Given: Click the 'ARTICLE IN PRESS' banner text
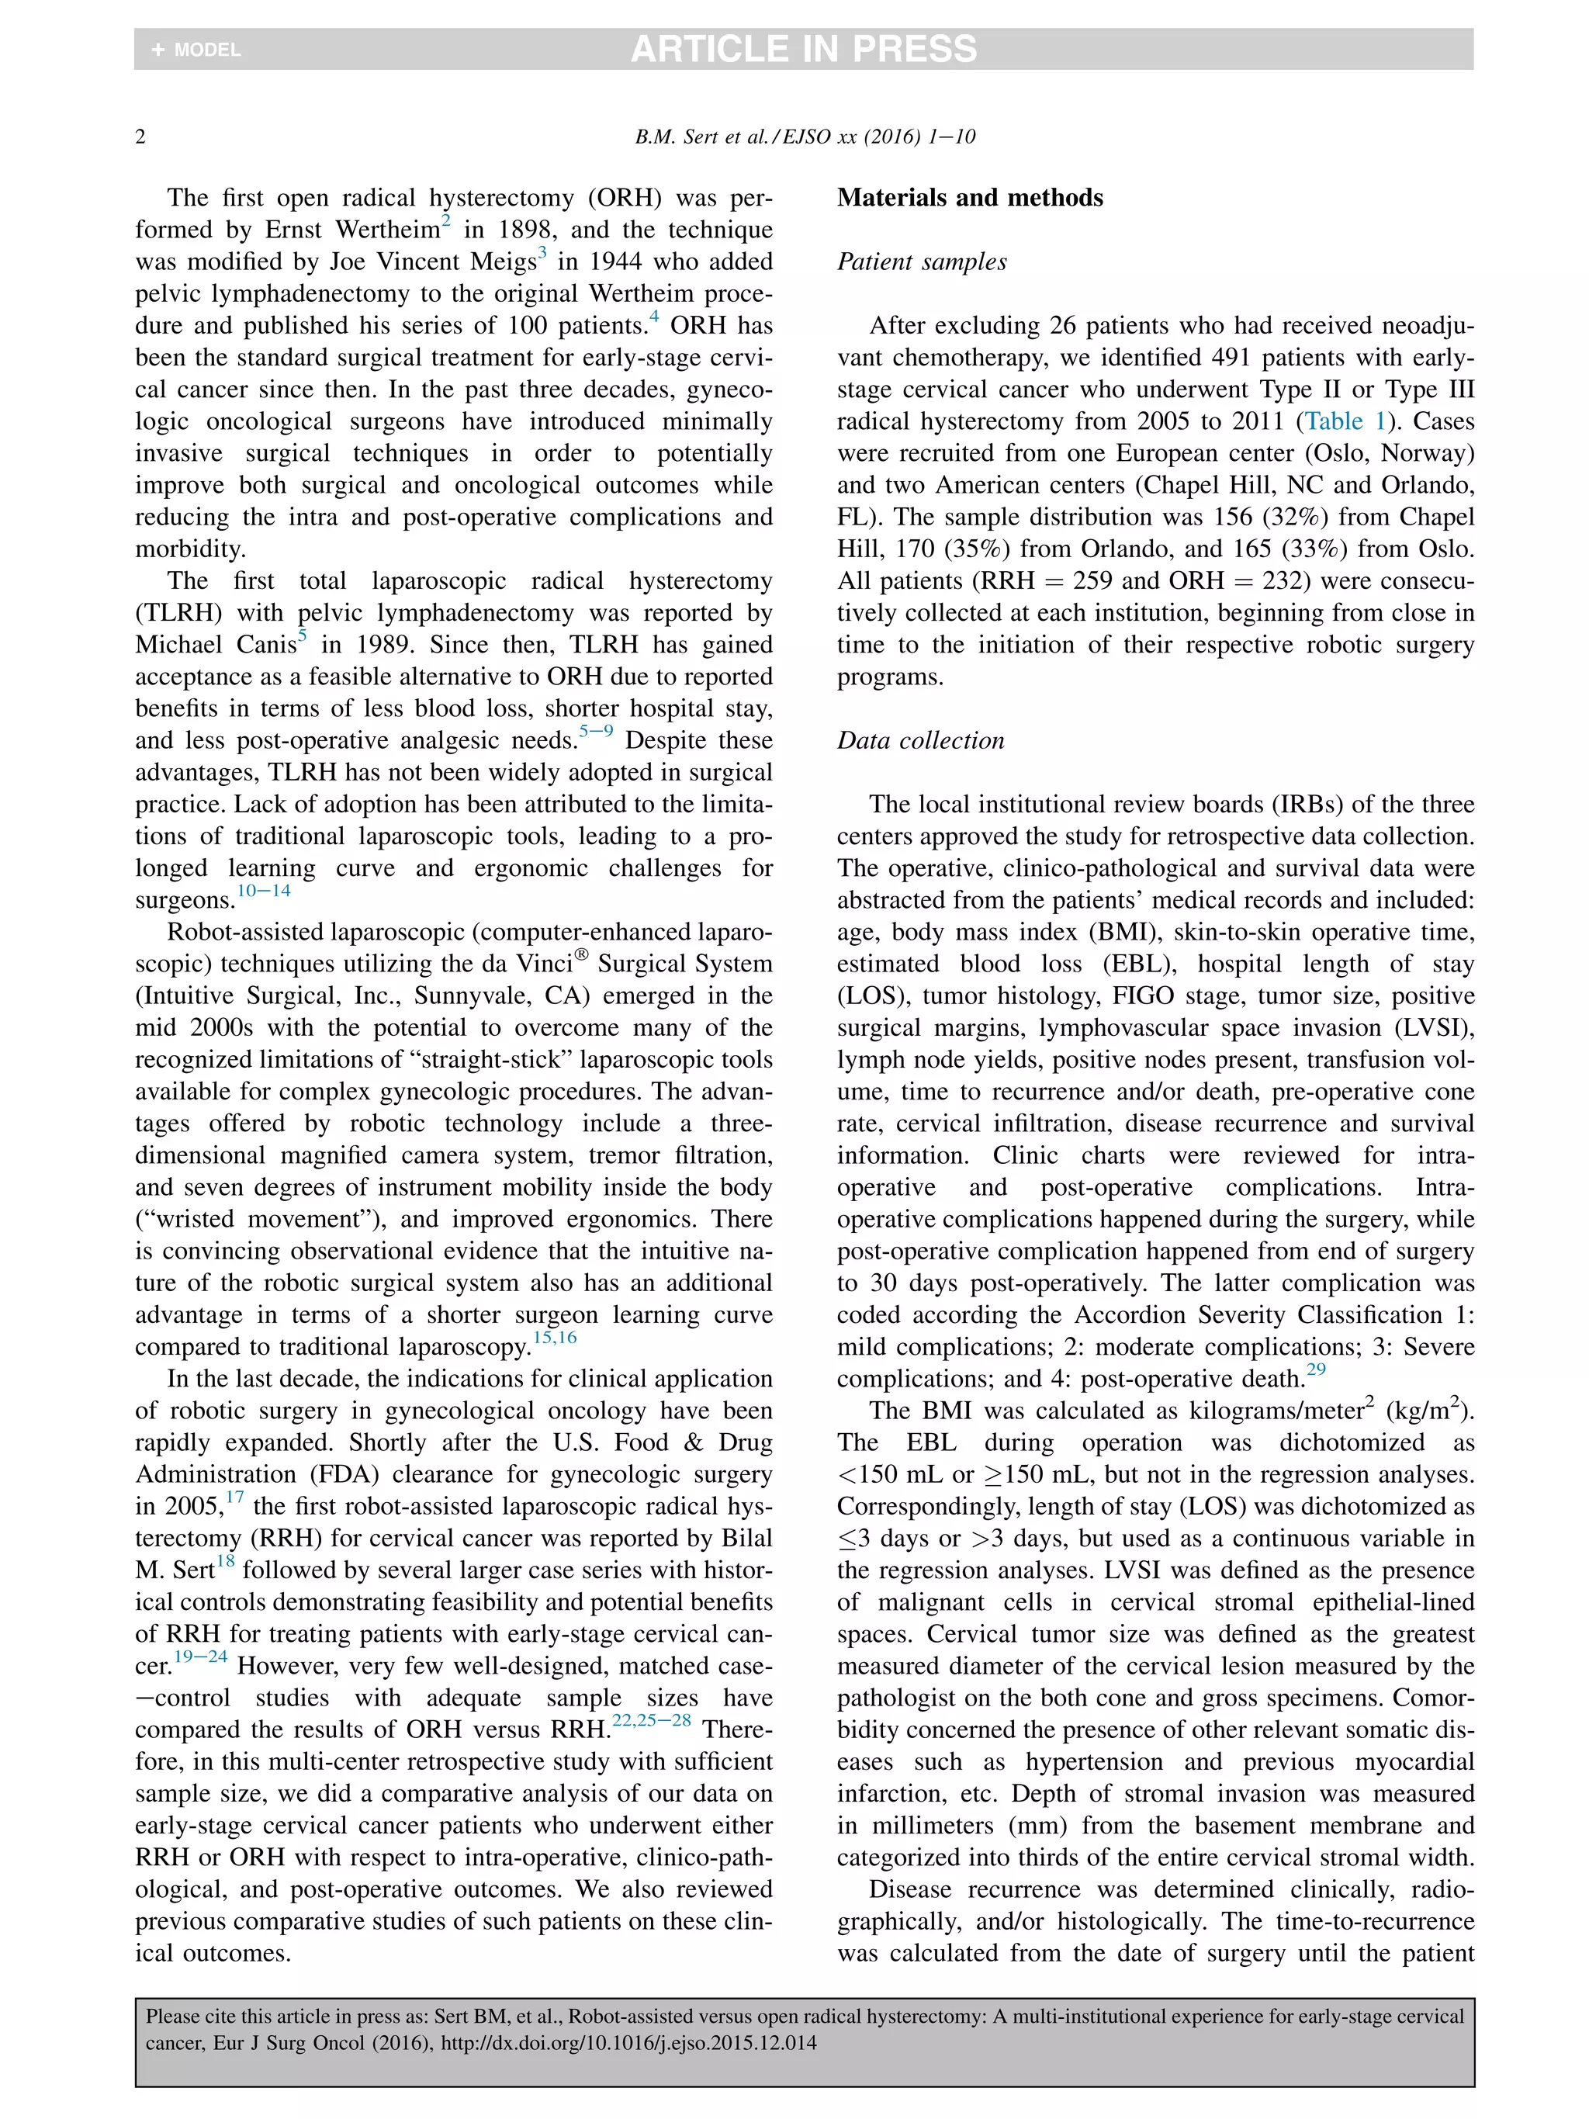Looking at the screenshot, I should point(802,49).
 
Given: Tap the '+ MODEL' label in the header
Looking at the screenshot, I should point(196,50).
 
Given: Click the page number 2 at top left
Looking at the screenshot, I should point(140,137).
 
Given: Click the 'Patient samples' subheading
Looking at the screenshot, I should point(922,261).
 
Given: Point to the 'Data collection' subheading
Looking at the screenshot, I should point(920,740).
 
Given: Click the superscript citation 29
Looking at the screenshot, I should point(1316,1369).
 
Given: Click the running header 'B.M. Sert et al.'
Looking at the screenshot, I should point(703,137).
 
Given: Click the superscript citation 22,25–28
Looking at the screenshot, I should point(651,1720).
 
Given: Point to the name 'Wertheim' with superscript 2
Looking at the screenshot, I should point(387,230).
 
